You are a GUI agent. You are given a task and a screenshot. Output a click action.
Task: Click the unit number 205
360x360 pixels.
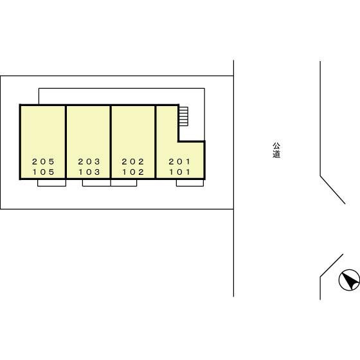coord(43,161)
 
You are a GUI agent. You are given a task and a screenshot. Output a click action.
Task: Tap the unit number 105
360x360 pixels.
coord(43,172)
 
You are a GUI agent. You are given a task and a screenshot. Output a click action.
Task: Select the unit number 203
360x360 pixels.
coord(89,161)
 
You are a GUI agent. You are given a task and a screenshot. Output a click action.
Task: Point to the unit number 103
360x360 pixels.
coord(89,172)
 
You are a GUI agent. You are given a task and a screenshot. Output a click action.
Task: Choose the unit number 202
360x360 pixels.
coord(132,161)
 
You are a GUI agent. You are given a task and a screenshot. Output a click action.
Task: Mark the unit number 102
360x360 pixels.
coord(132,172)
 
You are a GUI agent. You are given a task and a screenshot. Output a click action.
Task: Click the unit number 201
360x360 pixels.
coord(179,161)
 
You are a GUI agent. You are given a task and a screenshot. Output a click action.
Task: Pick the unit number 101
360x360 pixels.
coord(179,172)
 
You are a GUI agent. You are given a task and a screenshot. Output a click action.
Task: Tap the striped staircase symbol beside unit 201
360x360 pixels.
coord(183,116)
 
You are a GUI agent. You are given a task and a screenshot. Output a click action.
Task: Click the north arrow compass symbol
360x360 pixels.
coord(349,280)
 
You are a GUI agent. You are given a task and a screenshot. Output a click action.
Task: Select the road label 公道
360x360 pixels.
coord(276,150)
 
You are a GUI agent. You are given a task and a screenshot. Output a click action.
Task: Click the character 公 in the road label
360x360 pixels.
coord(276,146)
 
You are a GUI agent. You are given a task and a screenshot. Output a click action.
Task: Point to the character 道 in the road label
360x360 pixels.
coord(276,154)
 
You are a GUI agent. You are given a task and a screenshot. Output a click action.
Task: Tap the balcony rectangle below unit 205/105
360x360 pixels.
coord(51,183)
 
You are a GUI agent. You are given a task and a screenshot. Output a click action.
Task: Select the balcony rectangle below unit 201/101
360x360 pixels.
coord(190,183)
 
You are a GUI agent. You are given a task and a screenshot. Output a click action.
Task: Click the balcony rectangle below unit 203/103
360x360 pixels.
coord(96,183)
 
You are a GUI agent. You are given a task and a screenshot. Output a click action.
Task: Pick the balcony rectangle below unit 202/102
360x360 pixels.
coord(123,183)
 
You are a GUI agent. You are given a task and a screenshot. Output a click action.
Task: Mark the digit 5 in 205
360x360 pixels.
coord(52,161)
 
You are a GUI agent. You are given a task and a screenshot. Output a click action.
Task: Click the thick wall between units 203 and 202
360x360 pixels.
coord(111,141)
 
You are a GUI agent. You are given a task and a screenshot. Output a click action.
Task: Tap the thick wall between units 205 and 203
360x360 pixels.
coord(66,141)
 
